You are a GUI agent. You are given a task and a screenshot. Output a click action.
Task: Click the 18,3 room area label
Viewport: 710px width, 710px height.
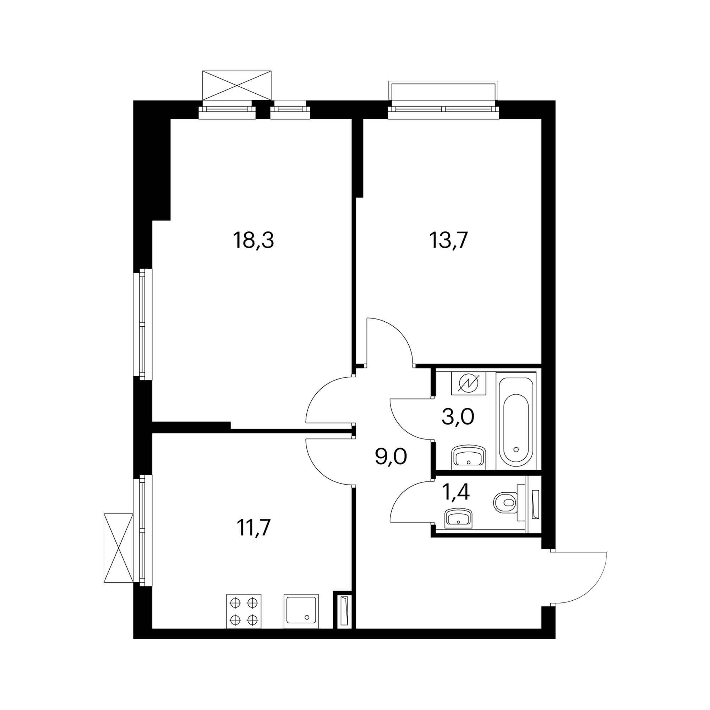point(253,241)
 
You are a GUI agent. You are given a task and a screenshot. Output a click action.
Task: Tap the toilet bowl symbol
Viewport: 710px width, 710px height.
point(506,502)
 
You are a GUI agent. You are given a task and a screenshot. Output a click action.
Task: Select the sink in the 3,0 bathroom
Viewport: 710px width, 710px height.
point(468,456)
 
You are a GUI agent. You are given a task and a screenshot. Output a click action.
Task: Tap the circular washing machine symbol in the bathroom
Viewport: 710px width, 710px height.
point(469,383)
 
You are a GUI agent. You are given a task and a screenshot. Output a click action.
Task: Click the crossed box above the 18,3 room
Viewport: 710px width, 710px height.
point(237,86)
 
